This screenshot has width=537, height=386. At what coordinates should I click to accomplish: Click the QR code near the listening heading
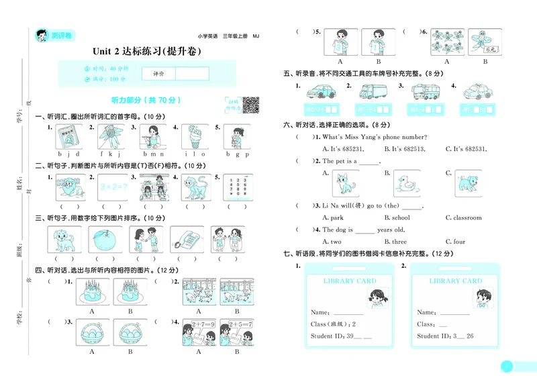click(x=250, y=105)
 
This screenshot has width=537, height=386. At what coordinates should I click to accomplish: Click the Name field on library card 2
click(x=443, y=312)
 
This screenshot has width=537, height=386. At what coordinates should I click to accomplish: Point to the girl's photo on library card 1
click(x=376, y=295)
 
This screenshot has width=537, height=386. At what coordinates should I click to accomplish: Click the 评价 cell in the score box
click(x=159, y=73)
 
